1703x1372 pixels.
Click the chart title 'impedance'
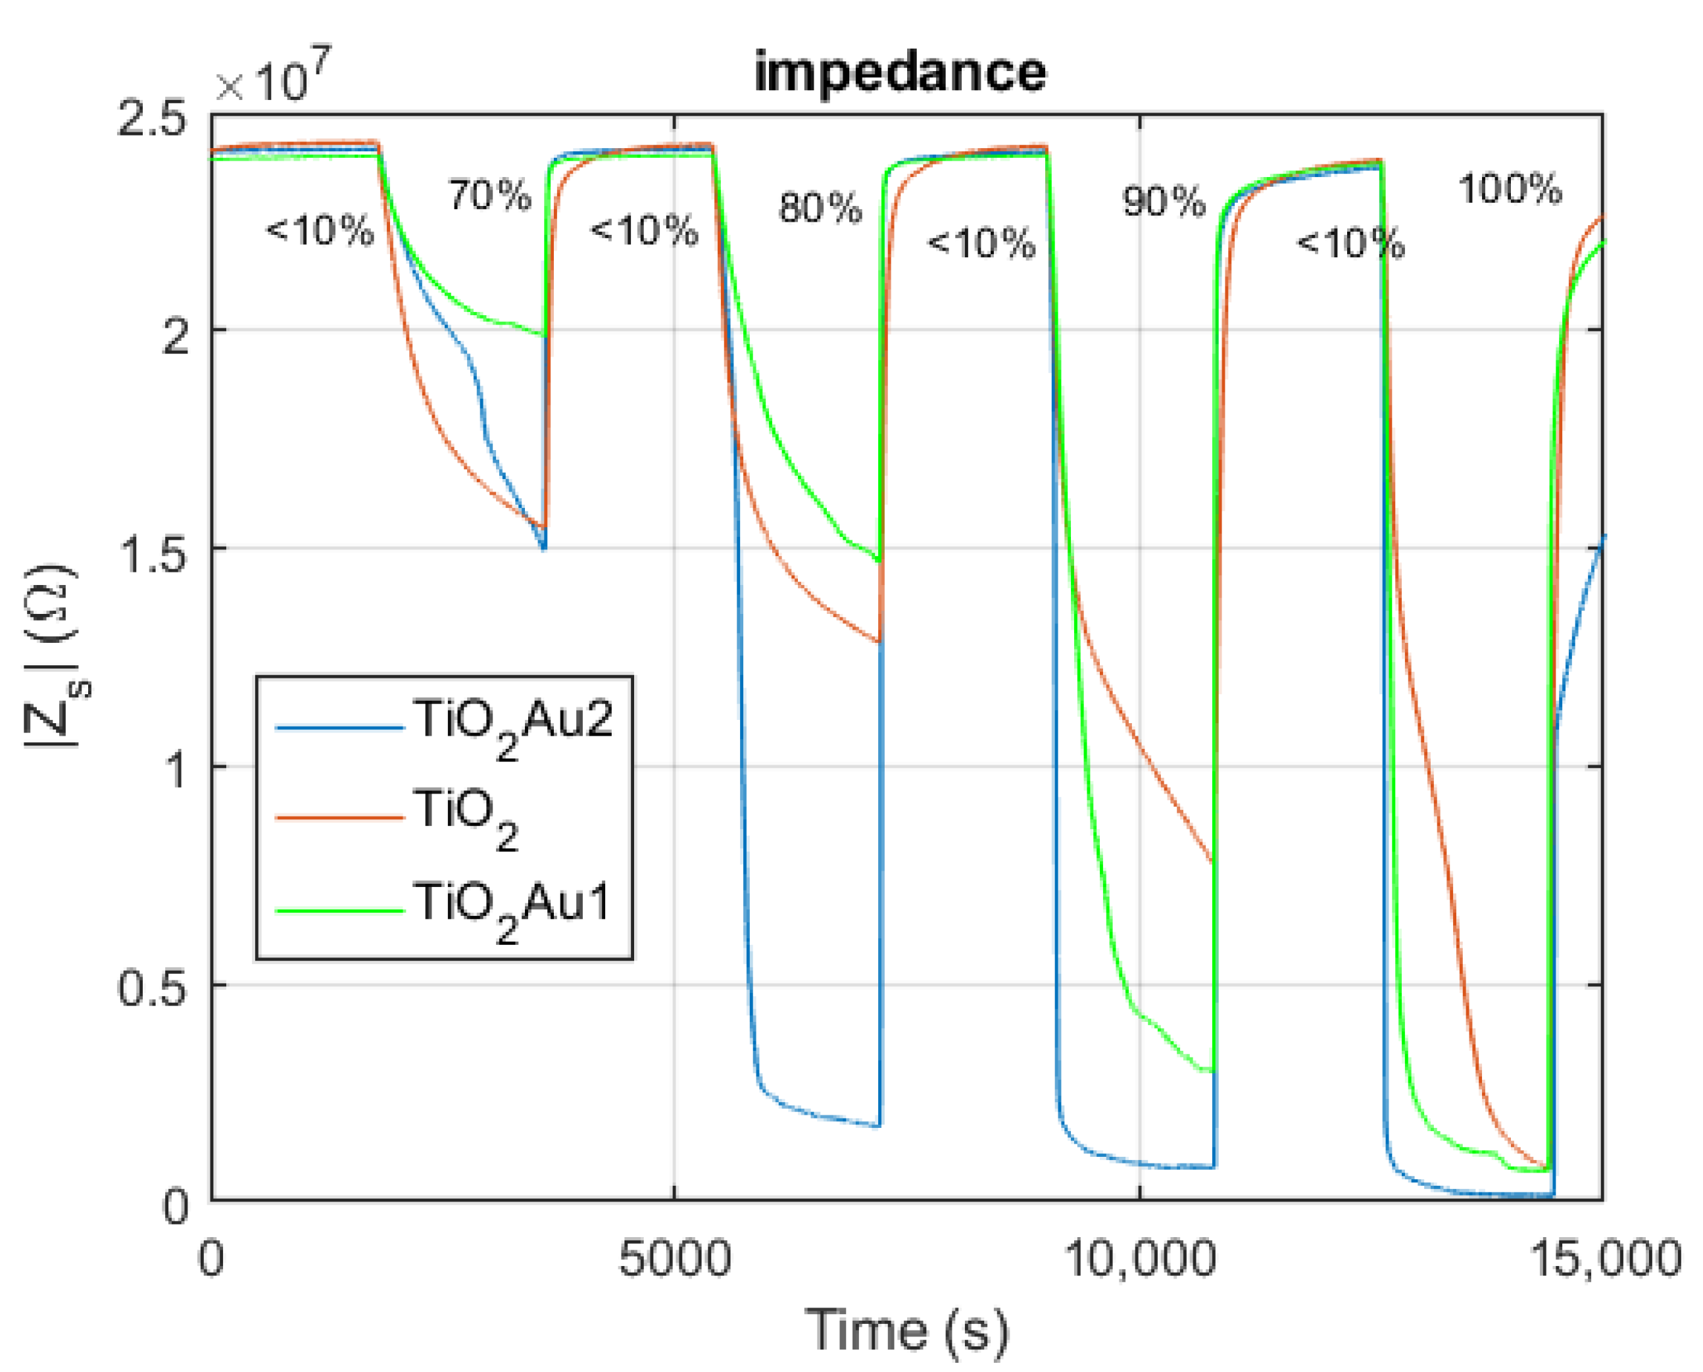900,72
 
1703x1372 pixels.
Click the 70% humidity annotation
490,194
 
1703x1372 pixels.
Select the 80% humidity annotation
820,208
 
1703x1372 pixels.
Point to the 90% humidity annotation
1164,202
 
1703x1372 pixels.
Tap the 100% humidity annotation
1510,190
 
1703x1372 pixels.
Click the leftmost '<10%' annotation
319,232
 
